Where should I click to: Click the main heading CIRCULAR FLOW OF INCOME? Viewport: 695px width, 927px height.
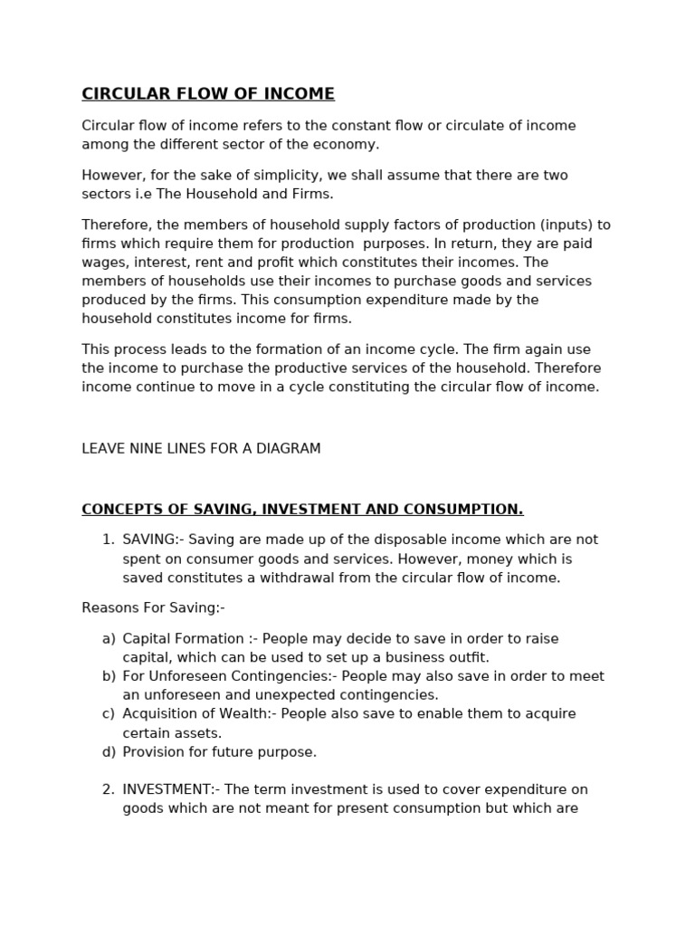coord(208,94)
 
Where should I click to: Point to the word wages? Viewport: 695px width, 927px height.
coord(102,263)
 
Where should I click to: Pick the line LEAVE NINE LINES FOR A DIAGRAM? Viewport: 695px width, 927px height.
coord(201,449)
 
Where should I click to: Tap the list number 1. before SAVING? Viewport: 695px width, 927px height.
coord(108,540)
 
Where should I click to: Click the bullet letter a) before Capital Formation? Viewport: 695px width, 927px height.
coord(109,639)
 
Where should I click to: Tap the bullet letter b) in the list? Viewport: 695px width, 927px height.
coord(109,676)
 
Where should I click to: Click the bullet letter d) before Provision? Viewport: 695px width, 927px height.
coord(109,752)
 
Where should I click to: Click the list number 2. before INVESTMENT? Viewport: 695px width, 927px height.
coord(108,790)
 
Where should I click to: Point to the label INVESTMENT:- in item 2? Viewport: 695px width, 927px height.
coord(171,790)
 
